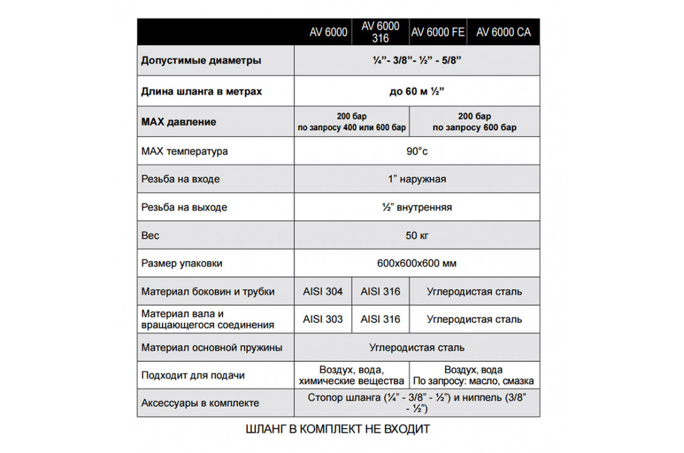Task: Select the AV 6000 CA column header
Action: tap(503, 32)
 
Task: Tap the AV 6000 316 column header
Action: tap(380, 32)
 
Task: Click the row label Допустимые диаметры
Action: tap(202, 61)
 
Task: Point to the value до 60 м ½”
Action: tap(417, 92)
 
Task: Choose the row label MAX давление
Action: tap(178, 122)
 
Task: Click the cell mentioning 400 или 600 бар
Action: tap(351, 122)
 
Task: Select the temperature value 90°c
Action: tap(417, 151)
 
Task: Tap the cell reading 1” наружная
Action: tap(417, 179)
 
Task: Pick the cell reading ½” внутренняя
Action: tap(417, 207)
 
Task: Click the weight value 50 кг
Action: tap(417, 235)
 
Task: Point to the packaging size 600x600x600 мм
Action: tap(417, 263)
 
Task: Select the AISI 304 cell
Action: tap(322, 292)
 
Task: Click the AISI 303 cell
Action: tap(322, 319)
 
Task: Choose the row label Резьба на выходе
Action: tap(184, 207)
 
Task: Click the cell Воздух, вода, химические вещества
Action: tap(351, 375)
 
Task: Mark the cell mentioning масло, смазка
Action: tap(474, 375)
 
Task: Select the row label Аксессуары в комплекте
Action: tap(200, 403)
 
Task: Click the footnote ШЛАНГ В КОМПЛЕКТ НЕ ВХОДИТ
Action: tap(337, 429)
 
